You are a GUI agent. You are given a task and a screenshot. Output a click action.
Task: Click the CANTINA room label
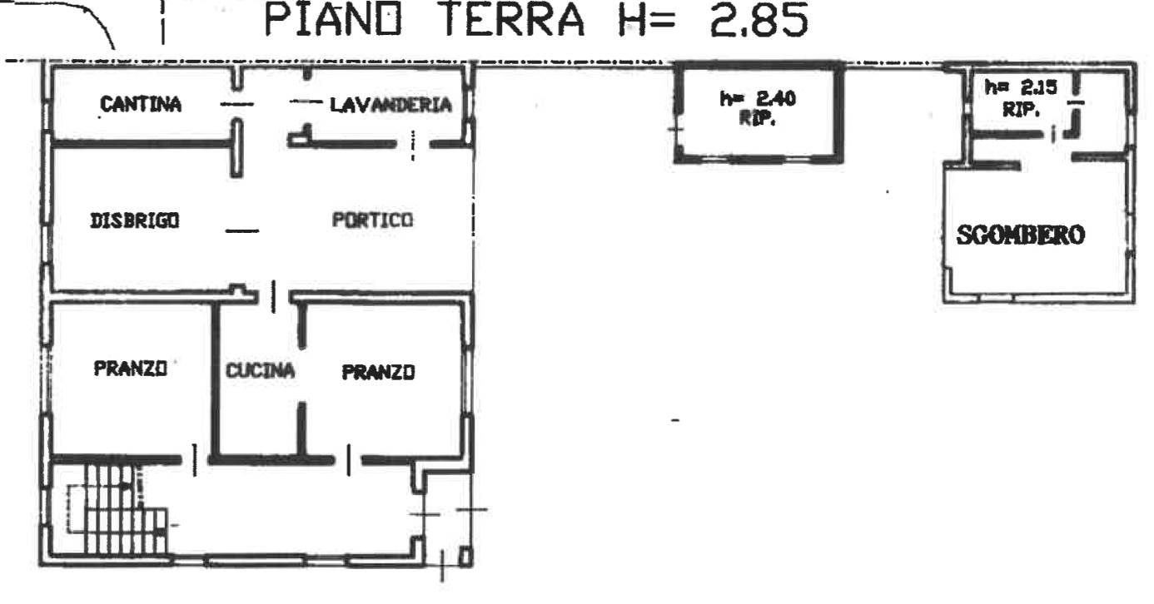(141, 105)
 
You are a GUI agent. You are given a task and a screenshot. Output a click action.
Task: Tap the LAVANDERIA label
(390, 105)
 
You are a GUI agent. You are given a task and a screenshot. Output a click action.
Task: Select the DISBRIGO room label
(134, 220)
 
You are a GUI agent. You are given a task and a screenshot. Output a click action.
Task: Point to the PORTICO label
(372, 220)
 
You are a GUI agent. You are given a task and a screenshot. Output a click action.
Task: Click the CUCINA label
(260, 370)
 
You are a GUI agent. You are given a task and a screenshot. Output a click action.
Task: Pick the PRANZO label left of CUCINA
(131, 369)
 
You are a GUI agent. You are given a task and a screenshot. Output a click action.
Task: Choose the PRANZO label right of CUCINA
(378, 372)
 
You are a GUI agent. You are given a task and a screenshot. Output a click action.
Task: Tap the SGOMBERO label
(1021, 235)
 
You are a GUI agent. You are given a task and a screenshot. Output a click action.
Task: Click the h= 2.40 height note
(758, 98)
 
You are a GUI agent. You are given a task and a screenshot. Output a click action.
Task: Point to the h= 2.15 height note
(1021, 87)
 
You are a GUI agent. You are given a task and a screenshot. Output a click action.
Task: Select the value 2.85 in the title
(759, 21)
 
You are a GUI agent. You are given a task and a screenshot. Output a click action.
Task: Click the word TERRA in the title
(514, 20)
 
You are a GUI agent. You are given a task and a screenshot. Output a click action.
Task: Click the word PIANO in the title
(333, 20)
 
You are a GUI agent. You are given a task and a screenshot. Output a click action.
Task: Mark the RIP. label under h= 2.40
(758, 118)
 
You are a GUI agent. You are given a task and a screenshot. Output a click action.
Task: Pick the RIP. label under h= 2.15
(1021, 109)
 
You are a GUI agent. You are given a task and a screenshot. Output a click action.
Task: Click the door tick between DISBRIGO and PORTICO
(242, 230)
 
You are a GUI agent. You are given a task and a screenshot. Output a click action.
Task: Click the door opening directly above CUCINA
(274, 297)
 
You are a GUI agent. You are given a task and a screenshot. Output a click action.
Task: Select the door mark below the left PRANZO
(195, 460)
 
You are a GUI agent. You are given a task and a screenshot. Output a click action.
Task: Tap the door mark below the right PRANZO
(349, 460)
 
